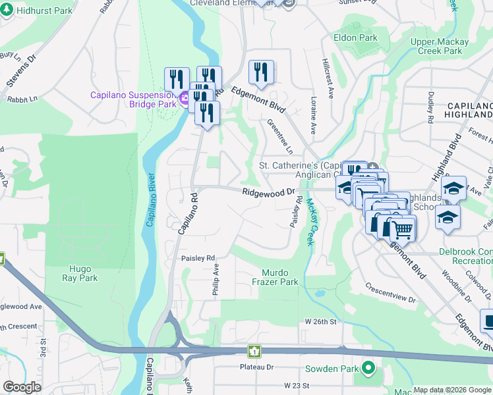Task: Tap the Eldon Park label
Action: (x=356, y=38)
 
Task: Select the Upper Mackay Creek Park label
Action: (x=440, y=47)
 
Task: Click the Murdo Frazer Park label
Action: (x=279, y=277)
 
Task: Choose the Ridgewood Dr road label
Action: (x=268, y=193)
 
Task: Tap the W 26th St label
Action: (x=320, y=321)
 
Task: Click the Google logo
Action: (x=22, y=387)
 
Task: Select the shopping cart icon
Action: (x=403, y=229)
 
